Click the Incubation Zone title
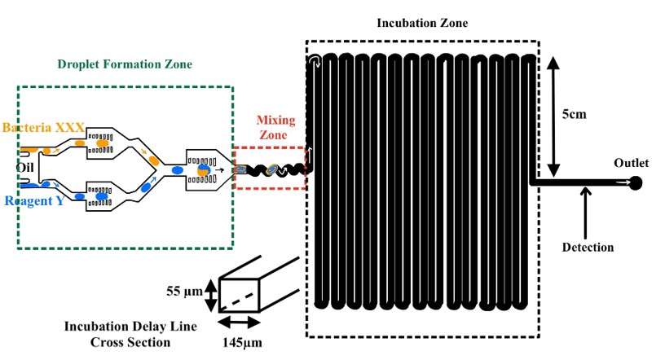point(422,23)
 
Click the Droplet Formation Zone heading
point(125,64)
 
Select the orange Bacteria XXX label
point(43,128)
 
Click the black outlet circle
point(636,183)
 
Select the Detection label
point(588,247)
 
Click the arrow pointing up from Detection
point(584,211)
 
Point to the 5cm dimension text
point(575,114)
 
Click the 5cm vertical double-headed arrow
point(553,116)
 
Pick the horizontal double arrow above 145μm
point(241,323)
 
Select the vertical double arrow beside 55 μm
point(210,295)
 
